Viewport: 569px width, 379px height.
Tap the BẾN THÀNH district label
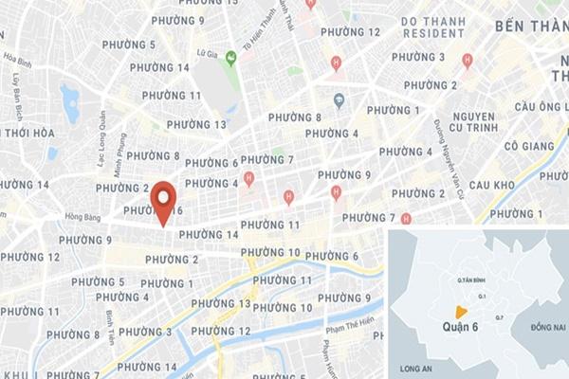[x=530, y=27]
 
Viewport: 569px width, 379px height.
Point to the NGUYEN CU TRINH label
[x=459, y=120]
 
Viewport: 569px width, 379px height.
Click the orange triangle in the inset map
[x=460, y=312]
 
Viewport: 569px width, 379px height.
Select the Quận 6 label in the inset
[x=465, y=327]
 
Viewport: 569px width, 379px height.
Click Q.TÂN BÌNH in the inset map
[x=471, y=280]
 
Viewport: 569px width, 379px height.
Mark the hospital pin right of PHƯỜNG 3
[x=467, y=61]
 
